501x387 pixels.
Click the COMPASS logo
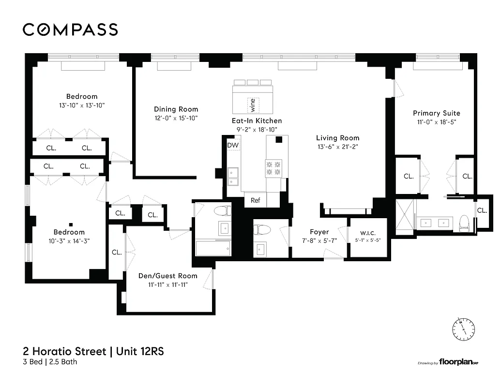pyautogui.click(x=70, y=30)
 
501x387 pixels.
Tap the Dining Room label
pyautogui.click(x=176, y=109)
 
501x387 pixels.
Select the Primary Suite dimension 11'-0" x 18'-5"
pyautogui.click(x=436, y=122)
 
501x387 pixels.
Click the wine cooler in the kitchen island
pyautogui.click(x=252, y=104)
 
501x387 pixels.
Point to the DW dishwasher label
pyautogui.click(x=233, y=145)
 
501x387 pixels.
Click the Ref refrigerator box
pyautogui.click(x=255, y=200)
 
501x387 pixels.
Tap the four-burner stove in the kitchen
pyautogui.click(x=273, y=168)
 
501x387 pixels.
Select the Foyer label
pyautogui.click(x=319, y=232)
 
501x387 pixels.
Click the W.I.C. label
pyautogui.click(x=367, y=232)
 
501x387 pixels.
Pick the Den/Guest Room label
pyautogui.click(x=167, y=276)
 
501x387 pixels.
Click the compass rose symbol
pyautogui.click(x=464, y=328)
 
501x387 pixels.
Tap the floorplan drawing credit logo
pyautogui.click(x=450, y=362)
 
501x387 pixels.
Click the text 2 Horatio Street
pyautogui.click(x=64, y=351)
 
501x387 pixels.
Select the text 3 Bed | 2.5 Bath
pyautogui.click(x=50, y=362)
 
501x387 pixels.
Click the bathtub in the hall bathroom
pyautogui.click(x=213, y=249)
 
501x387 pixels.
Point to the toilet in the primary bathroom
pyautogui.click(x=464, y=222)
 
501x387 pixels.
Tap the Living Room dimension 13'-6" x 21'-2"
pyautogui.click(x=337, y=147)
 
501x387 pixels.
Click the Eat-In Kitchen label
pyautogui.click(x=256, y=120)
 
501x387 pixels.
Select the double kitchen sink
pyautogui.click(x=233, y=176)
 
